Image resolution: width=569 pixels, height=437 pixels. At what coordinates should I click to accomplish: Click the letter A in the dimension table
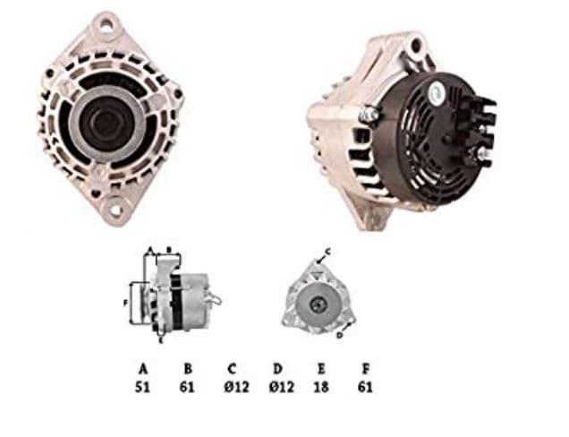coord(142,368)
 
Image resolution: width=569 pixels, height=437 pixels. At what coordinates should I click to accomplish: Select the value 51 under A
coord(142,387)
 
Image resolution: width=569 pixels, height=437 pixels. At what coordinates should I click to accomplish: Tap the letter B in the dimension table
coord(188,368)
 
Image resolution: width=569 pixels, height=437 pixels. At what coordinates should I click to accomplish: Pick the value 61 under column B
coord(188,387)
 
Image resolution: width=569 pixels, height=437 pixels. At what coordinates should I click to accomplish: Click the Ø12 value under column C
coord(232,387)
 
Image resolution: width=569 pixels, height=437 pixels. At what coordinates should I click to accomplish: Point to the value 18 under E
coord(320,387)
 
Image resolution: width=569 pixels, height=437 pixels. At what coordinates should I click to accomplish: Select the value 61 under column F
coord(364,387)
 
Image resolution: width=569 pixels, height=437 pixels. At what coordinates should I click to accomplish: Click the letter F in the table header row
coord(364,368)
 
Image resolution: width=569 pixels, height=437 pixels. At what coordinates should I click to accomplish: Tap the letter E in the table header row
coord(320,368)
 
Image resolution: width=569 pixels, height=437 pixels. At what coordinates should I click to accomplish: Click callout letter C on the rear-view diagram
coord(327,252)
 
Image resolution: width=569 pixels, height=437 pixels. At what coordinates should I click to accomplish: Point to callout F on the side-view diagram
coord(125,303)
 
